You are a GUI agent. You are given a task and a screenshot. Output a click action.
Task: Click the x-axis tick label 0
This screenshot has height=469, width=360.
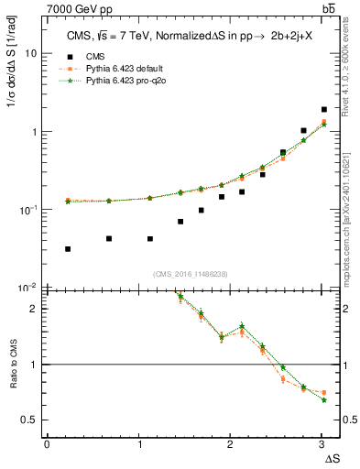47,443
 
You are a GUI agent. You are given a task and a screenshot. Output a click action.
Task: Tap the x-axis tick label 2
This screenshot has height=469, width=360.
231,443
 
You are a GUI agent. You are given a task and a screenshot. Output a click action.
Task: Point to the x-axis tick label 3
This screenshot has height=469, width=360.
322,443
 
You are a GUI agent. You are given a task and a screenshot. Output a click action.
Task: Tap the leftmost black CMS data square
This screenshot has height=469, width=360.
69,248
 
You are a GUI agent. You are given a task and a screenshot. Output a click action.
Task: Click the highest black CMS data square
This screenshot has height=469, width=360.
323,109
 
